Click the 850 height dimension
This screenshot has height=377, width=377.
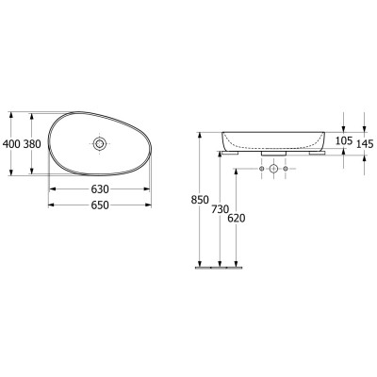199,200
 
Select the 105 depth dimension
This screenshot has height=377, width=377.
342,141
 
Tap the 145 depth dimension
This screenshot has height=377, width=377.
365,143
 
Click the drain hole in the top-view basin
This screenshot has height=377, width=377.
100,143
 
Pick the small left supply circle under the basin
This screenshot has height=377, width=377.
260,170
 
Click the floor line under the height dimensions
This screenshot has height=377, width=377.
218,267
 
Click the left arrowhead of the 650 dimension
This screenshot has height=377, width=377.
50,205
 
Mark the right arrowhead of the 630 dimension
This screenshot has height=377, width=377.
148,188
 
